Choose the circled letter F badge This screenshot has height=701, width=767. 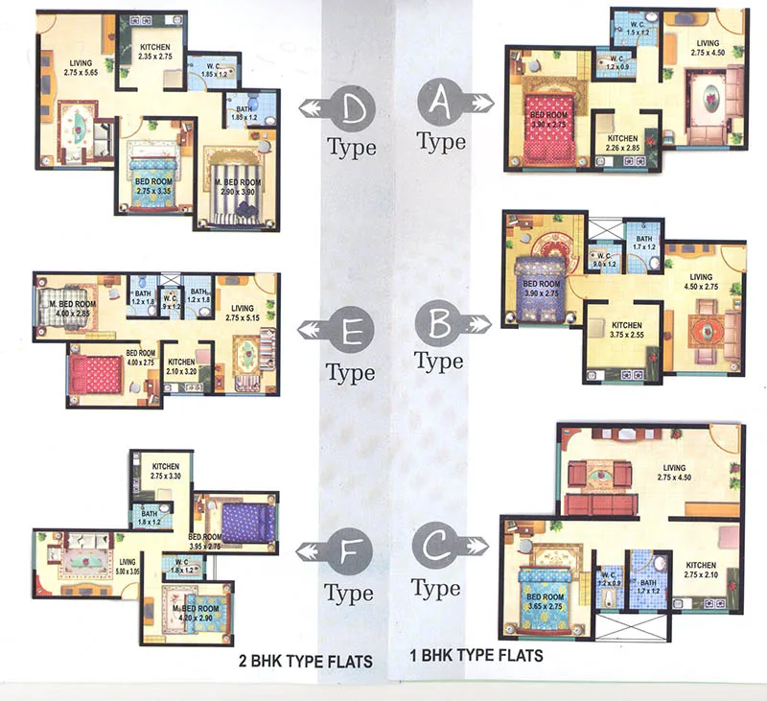pos(348,551)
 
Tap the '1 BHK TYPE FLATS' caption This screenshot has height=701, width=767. pos(476,656)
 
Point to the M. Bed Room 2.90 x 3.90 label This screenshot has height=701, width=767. pos(235,187)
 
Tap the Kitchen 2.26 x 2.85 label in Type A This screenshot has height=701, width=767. pos(623,144)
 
